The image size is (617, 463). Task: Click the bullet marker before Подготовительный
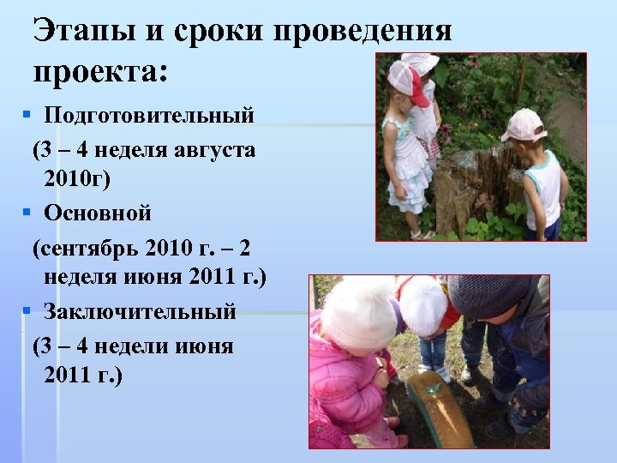(27, 113)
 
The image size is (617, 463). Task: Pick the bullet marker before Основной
(27, 211)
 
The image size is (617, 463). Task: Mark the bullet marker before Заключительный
(27, 310)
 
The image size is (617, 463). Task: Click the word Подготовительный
(149, 114)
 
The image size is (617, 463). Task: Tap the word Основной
(98, 212)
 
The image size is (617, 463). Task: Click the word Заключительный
(140, 310)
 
